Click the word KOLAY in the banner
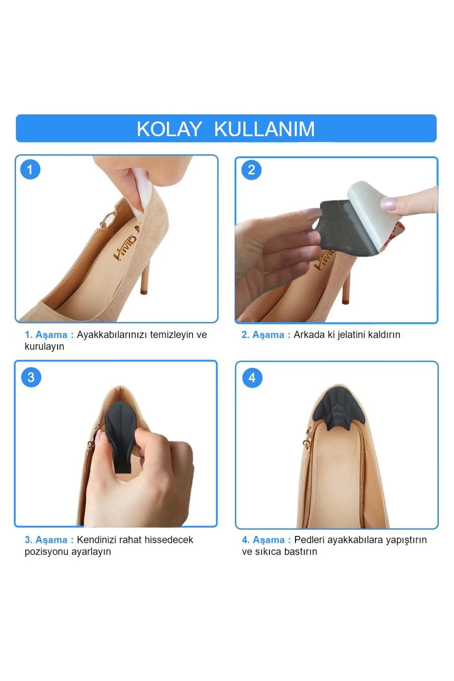click(169, 129)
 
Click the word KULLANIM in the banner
click(264, 129)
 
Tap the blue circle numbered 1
click(30, 169)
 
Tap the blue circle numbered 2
click(252, 170)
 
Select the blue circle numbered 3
click(31, 377)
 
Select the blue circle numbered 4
click(252, 378)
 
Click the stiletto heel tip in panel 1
click(143, 291)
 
